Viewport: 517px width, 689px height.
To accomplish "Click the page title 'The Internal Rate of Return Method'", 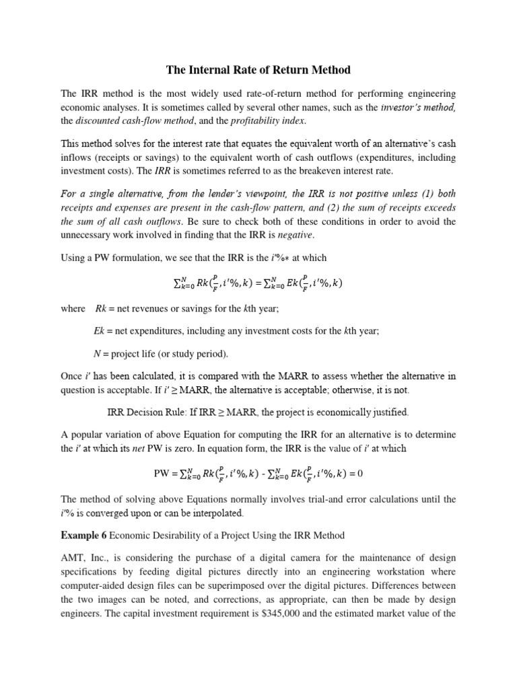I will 258,69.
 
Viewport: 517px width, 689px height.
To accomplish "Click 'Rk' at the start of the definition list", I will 100,309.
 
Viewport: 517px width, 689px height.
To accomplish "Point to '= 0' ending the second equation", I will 354,473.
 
